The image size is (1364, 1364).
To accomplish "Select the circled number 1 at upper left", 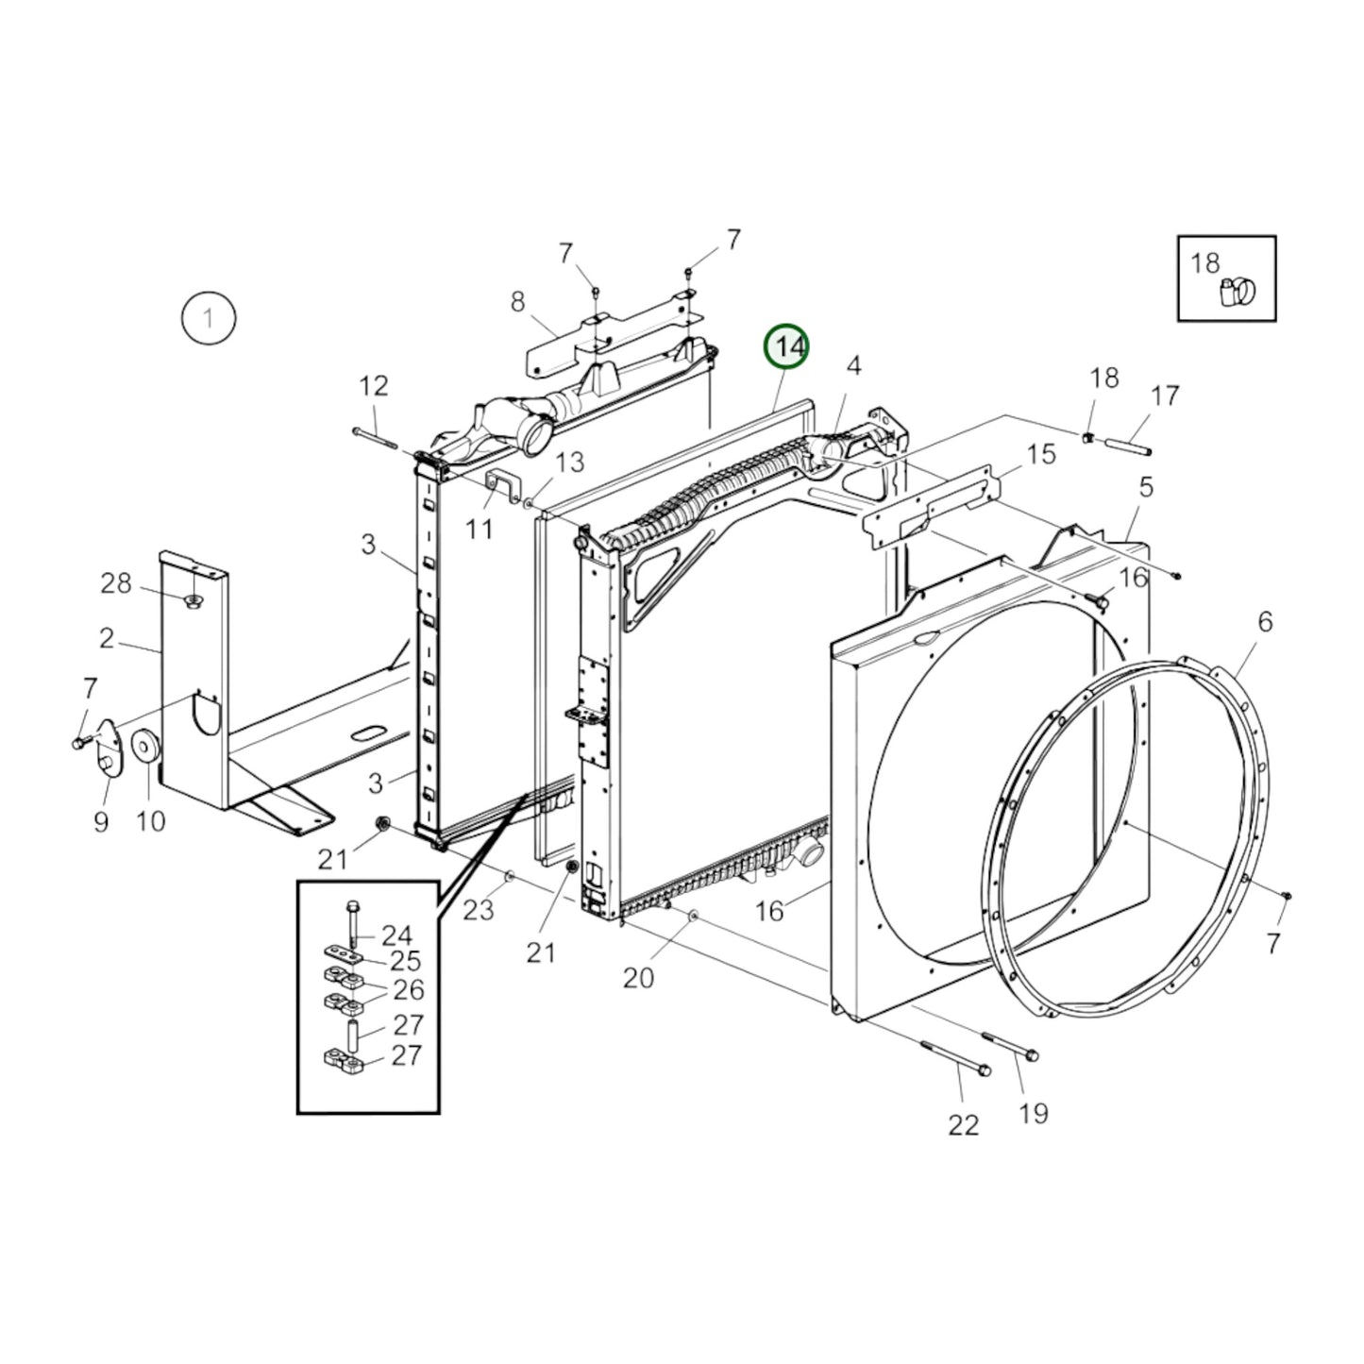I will click(x=208, y=318).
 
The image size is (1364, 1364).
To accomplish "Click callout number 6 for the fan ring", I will click(x=1265, y=621).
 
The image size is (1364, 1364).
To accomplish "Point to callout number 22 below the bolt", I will click(x=963, y=1124).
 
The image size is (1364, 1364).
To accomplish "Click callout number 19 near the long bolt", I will click(x=1034, y=1113).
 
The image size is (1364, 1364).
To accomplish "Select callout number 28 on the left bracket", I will click(x=116, y=583).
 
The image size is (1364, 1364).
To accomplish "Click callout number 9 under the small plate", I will click(x=101, y=821).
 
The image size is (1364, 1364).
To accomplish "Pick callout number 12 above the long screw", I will click(x=374, y=385).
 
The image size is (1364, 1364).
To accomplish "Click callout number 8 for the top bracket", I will click(x=517, y=302).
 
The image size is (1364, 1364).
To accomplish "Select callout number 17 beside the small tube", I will click(x=1166, y=396).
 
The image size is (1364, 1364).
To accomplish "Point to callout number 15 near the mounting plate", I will click(x=1040, y=454).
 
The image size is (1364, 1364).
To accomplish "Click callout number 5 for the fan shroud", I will click(x=1146, y=487).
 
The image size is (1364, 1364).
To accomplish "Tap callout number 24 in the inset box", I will click(x=396, y=935).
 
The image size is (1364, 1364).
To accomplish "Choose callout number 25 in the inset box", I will click(x=405, y=962).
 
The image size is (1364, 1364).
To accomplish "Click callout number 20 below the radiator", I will click(x=638, y=978).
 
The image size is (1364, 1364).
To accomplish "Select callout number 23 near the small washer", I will click(x=479, y=910).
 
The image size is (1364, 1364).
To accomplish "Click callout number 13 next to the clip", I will click(x=569, y=462).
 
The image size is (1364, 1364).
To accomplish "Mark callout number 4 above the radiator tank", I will click(x=852, y=366).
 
